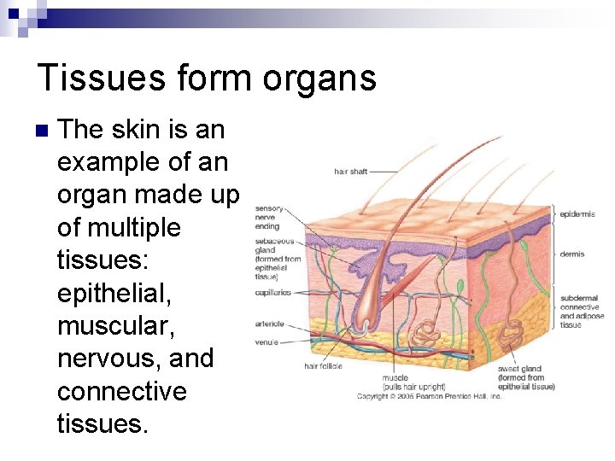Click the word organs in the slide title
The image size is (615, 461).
pyautogui.click(x=319, y=79)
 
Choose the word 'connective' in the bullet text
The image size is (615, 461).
pyautogui.click(x=121, y=391)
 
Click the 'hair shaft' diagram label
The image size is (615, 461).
pyautogui.click(x=350, y=172)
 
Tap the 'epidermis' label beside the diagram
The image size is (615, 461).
pyautogui.click(x=577, y=213)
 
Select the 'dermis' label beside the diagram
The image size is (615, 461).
pyautogui.click(x=571, y=254)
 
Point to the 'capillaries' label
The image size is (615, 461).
pyautogui.click(x=272, y=293)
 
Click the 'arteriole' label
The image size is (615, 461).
pyautogui.click(x=269, y=324)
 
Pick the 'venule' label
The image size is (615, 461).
pyautogui.click(x=266, y=342)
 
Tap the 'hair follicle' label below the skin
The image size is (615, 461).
pyautogui.click(x=323, y=366)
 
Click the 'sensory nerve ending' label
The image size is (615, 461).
pyautogui.click(x=268, y=217)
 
